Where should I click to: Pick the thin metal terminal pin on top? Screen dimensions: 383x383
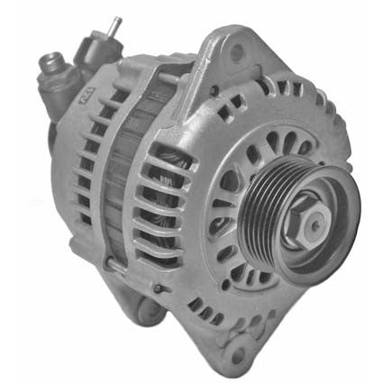(116, 27)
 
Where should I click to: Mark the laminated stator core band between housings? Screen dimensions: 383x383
(126, 180)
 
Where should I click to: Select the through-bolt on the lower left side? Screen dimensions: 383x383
(111, 265)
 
